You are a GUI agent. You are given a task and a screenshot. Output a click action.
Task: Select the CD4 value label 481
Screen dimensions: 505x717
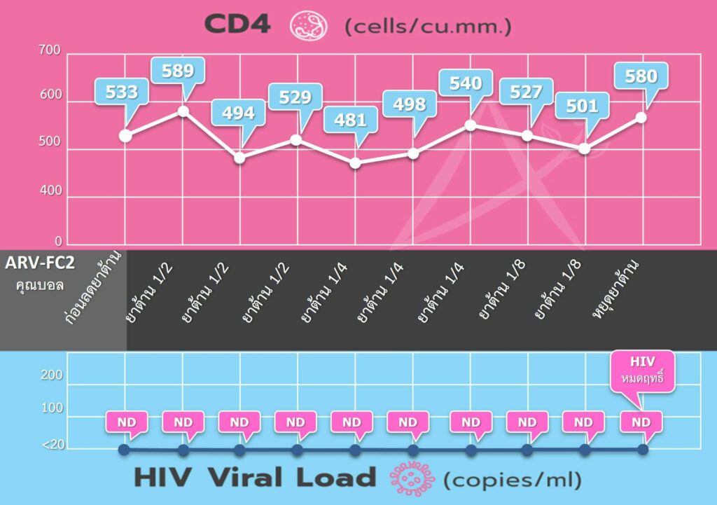(x=350, y=120)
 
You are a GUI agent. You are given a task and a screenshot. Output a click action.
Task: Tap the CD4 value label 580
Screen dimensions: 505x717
(x=640, y=75)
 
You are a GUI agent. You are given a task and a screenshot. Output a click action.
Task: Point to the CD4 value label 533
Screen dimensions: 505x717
(x=121, y=91)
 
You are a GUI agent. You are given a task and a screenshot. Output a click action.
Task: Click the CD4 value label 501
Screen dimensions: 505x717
(x=581, y=106)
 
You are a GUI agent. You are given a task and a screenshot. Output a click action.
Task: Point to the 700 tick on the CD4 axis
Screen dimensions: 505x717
(x=53, y=50)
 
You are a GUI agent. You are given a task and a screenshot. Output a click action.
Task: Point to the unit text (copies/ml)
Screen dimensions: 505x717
(x=513, y=480)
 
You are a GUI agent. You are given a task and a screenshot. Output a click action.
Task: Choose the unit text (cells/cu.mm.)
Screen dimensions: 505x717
(x=428, y=27)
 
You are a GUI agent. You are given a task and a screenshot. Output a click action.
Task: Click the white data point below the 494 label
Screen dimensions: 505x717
(x=240, y=158)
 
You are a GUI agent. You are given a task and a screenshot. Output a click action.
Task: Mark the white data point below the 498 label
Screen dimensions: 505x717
(x=413, y=153)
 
